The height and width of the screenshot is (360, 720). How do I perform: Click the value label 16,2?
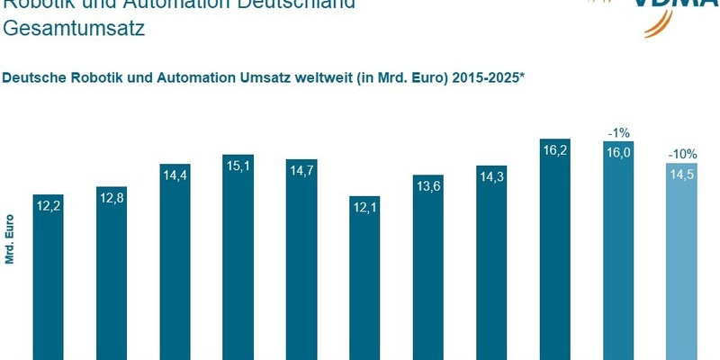coord(555,153)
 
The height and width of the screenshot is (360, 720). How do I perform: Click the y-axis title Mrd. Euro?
coord(10,238)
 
